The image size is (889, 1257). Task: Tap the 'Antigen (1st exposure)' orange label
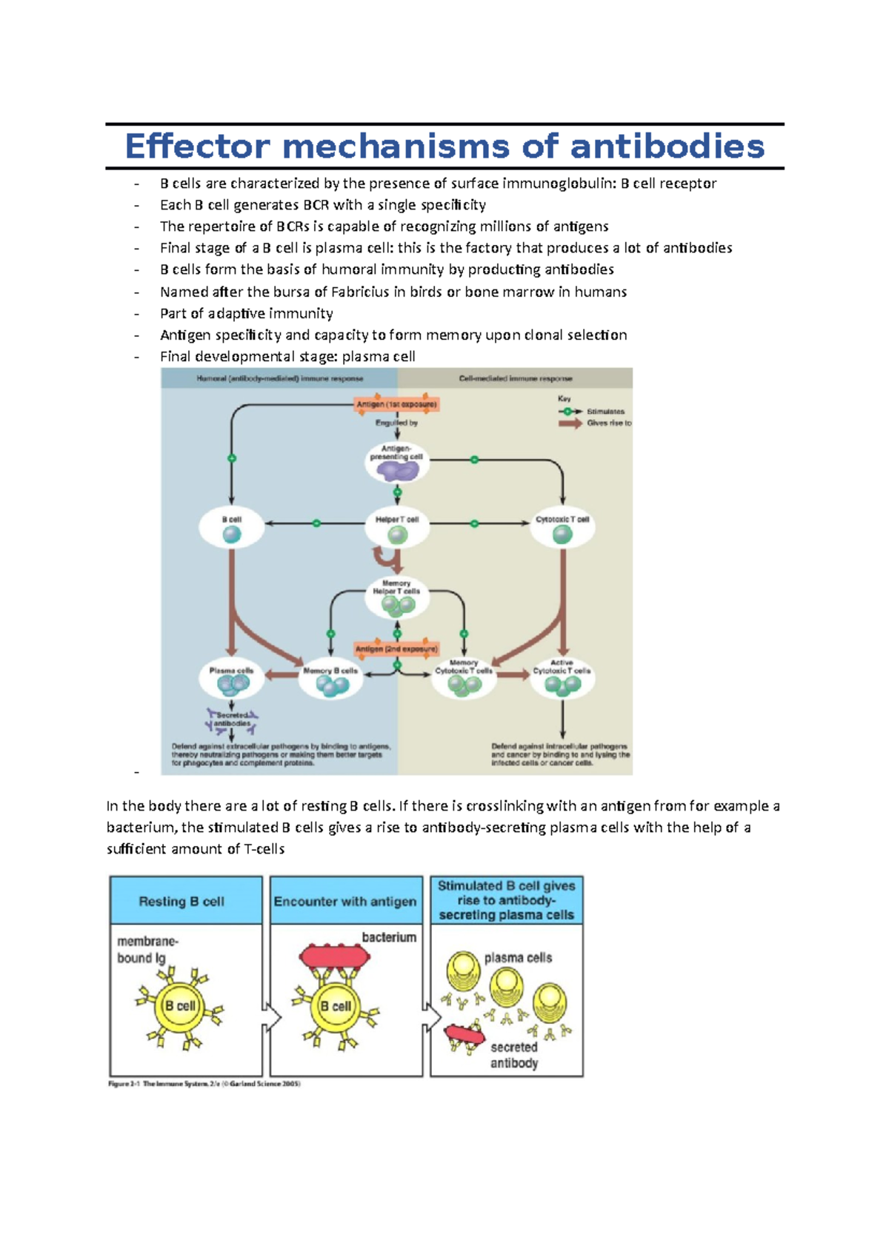tap(397, 404)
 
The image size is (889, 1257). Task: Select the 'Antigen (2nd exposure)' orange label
tap(396, 649)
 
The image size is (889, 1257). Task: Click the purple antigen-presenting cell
tap(397, 469)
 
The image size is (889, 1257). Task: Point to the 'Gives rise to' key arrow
tap(570, 423)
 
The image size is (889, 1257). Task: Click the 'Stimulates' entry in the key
tap(606, 412)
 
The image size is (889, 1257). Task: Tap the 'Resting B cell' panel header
tap(182, 902)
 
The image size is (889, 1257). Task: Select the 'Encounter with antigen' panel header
tap(345, 902)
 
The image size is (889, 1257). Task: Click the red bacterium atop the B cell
tap(334, 956)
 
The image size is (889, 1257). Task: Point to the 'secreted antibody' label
tap(514, 1055)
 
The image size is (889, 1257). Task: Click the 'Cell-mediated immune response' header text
tap(516, 379)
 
